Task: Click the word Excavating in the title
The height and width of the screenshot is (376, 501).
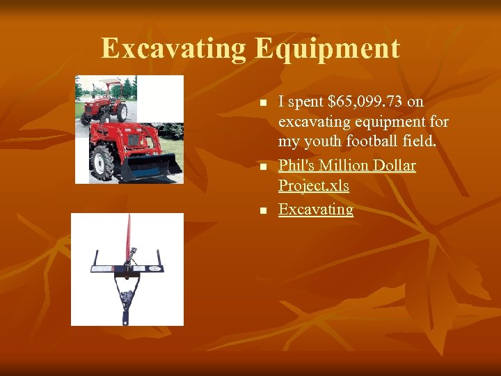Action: pos(173,49)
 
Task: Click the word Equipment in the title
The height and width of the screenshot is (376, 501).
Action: pos(327,49)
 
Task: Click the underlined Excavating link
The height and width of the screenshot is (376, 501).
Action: pos(315,210)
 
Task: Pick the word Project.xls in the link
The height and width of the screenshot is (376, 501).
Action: pos(313,186)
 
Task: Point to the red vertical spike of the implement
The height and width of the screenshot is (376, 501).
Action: pos(127,237)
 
